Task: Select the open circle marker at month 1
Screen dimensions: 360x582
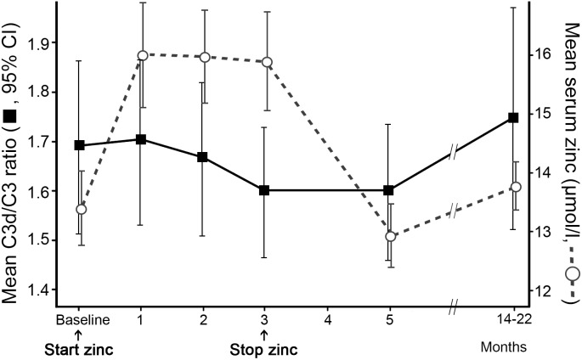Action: pyautogui.click(x=142, y=55)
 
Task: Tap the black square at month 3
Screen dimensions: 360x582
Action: pyautogui.click(x=264, y=190)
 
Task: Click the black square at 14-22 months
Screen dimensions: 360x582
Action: pyautogui.click(x=512, y=118)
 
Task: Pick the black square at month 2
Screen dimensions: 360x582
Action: pyautogui.click(x=203, y=157)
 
